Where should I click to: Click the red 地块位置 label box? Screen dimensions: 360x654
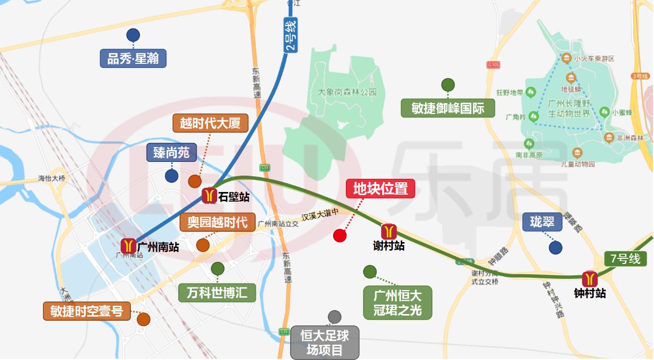[380, 188]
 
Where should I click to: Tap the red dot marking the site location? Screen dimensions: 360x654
[340, 235]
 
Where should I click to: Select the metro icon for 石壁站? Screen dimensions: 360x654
[209, 196]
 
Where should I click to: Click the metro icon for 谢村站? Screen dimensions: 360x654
[389, 231]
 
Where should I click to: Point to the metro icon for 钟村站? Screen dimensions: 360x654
[590, 279]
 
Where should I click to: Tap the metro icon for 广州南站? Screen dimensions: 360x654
[128, 246]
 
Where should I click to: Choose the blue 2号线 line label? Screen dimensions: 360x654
[290, 36]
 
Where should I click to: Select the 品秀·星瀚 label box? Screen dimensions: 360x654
[133, 58]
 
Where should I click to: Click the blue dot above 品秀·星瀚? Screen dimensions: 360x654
[133, 35]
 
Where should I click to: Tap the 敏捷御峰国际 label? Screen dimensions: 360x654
[448, 108]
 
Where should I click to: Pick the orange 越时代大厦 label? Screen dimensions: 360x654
[210, 123]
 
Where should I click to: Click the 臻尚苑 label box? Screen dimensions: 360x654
[172, 152]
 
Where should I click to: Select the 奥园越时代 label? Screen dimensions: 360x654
[217, 222]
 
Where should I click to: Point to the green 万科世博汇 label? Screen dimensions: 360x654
[217, 293]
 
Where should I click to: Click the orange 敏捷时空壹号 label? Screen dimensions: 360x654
[87, 310]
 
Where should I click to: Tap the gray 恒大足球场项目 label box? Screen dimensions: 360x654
[325, 343]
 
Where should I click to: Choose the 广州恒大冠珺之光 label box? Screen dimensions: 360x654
[398, 302]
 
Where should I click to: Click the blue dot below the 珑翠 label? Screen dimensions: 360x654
[555, 248]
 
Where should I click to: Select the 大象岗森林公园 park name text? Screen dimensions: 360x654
[347, 92]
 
